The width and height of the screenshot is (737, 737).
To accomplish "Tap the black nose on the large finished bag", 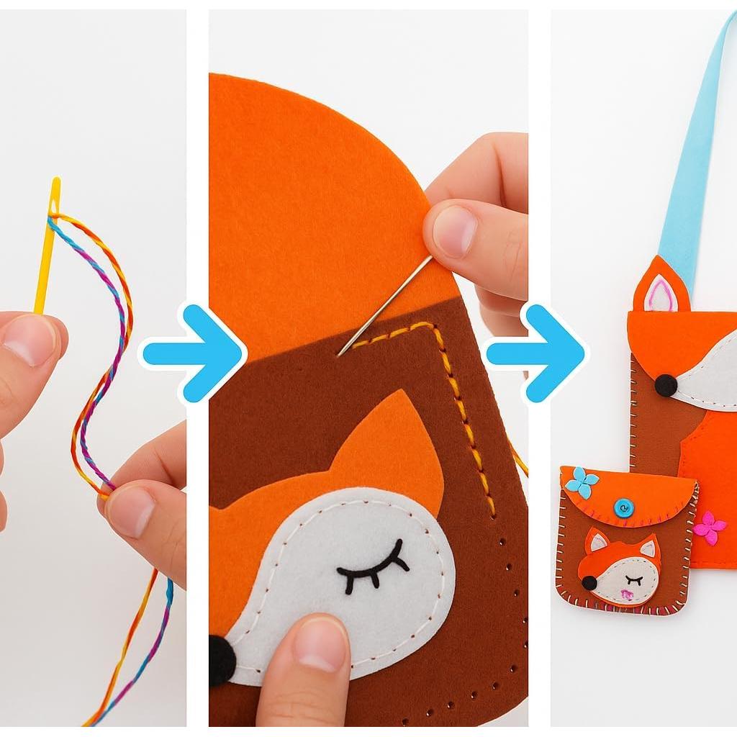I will tap(666, 386).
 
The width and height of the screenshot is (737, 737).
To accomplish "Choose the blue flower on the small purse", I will tap(581, 482).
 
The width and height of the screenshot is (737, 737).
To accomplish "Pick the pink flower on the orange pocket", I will tap(710, 527).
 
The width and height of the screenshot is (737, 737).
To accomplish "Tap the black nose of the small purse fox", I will tap(589, 582).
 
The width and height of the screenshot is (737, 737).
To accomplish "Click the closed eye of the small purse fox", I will tap(634, 579).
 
